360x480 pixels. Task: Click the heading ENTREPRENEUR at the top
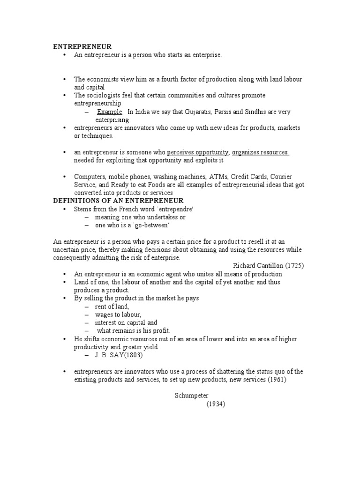82,46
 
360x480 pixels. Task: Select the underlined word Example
110,112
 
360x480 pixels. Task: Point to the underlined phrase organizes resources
260,152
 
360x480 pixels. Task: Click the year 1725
294,265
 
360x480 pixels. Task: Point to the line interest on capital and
126,322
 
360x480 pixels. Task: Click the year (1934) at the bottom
216,404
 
